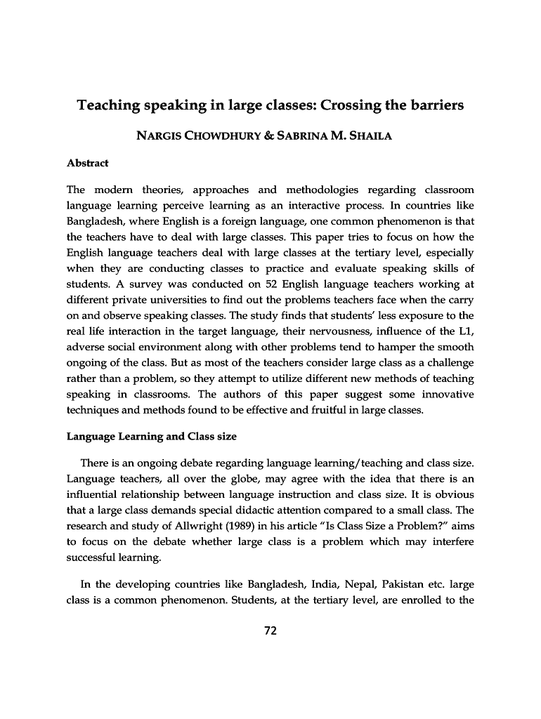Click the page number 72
pos(270,630)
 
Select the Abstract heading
pos(87,163)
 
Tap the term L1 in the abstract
pos(466,331)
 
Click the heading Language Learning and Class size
pos(151,436)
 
